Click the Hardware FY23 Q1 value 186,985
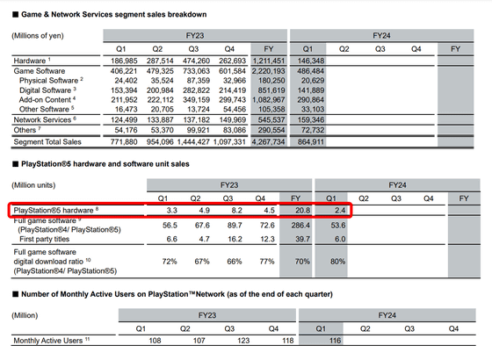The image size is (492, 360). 124,61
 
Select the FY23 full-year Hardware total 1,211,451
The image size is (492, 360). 269,61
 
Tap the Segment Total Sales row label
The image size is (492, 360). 47,142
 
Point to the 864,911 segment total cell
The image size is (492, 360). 311,142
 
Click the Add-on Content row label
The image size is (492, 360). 47,100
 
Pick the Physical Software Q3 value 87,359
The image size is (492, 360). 199,81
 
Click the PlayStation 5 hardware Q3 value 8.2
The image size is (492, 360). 236,210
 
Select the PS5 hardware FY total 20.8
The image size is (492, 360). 302,210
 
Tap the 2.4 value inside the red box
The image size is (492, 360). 340,210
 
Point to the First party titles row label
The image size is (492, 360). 44,239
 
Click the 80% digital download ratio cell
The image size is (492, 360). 337,262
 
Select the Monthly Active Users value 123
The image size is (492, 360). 243,341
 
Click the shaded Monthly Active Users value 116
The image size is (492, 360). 335,341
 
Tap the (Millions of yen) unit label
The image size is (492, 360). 38,36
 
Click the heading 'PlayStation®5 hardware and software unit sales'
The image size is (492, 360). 105,164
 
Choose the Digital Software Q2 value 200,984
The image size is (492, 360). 160,90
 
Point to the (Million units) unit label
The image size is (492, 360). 33,185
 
